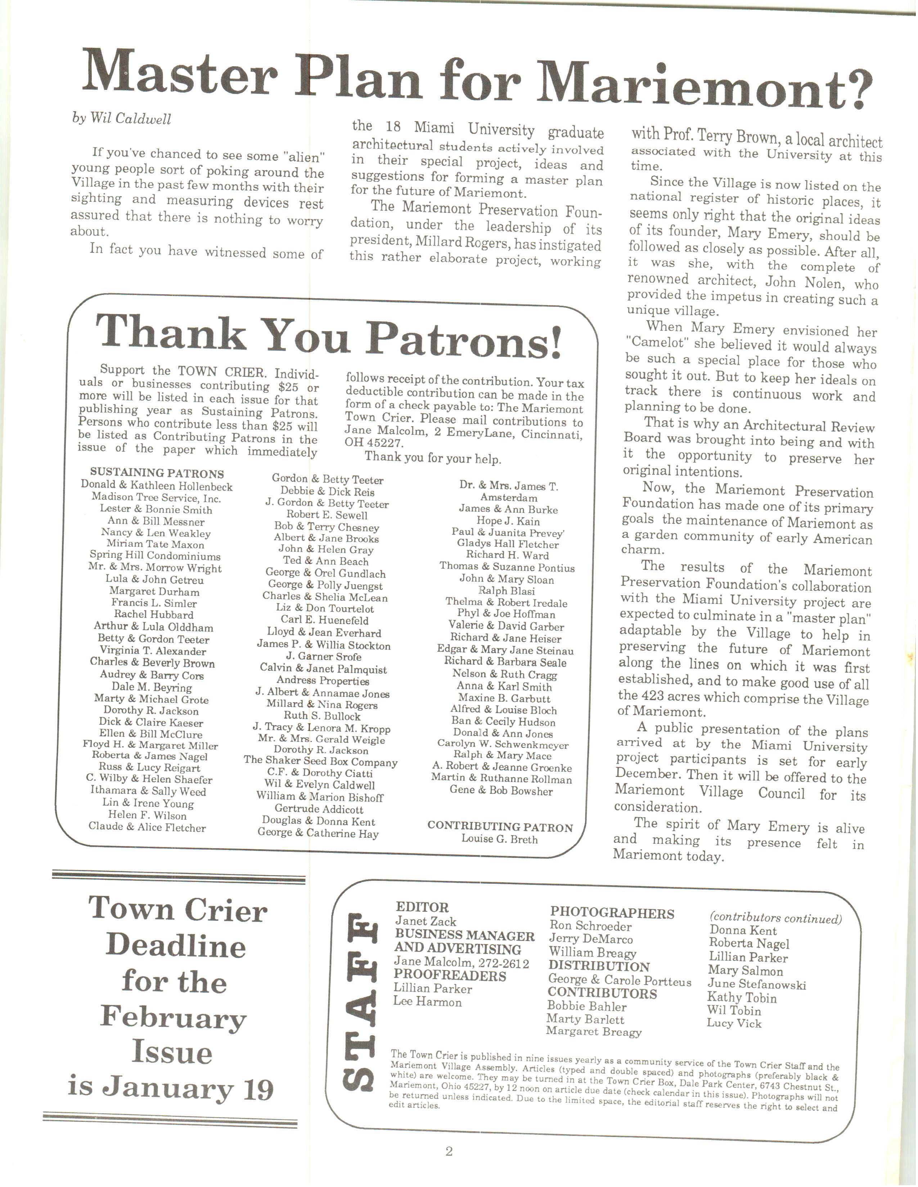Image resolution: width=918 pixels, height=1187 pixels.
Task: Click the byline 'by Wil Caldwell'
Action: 121,118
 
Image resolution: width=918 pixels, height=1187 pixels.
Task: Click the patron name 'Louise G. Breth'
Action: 499,839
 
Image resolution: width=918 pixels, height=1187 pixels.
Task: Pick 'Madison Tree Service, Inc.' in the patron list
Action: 156,497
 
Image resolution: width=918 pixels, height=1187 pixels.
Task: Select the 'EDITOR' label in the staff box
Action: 422,907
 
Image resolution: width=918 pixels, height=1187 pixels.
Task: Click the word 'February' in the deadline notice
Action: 173,1018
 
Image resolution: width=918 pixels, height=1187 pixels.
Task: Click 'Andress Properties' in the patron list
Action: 323,681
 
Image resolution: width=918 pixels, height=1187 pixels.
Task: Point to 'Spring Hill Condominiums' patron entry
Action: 155,556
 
